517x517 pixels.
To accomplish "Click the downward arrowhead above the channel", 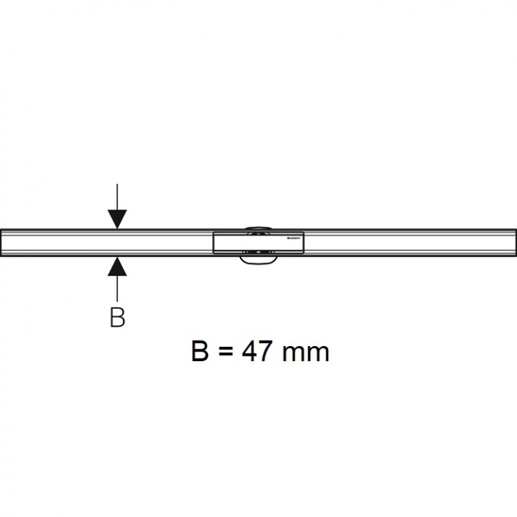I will pos(118,218).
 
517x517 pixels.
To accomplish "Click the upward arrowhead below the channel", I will pos(118,265).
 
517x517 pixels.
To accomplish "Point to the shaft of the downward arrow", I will pos(118,196).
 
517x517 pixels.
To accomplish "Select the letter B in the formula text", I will pos(201,352).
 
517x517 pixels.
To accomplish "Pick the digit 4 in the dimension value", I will pos(252,352).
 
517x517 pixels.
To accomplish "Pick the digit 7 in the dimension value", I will pos(268,352).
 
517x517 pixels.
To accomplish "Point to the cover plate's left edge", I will pos(214,242).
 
